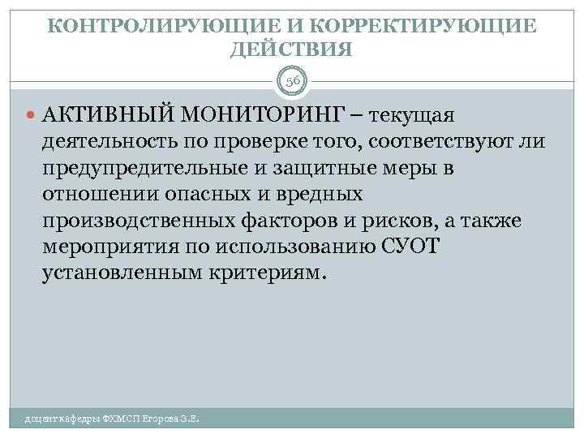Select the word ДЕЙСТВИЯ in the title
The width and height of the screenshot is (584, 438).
[x=291, y=50]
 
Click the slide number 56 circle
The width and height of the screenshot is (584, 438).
[x=291, y=82]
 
